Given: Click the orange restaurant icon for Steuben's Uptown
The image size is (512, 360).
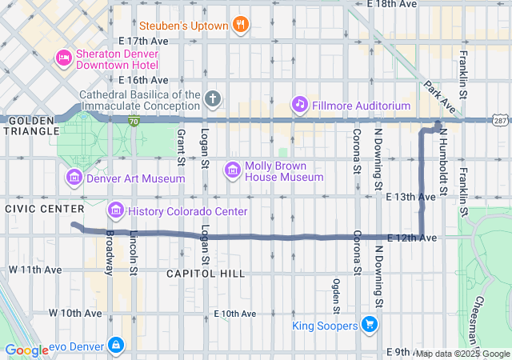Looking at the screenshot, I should point(239,23).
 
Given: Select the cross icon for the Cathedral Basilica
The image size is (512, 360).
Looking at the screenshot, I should point(212,100).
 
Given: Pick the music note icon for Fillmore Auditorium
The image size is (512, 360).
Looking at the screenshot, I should point(300,104).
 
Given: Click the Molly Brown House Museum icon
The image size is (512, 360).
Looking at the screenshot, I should point(233,170).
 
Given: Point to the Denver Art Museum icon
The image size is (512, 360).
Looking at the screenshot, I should point(74,178).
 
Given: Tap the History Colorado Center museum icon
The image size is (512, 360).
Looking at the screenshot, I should point(116,210).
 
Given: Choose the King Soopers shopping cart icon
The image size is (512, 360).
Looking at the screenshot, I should point(369,325).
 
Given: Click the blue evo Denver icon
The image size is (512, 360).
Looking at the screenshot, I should point(117,344).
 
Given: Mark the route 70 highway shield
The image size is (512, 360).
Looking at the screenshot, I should point(134,121).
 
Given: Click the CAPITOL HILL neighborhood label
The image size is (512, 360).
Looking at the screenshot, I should point(206,274).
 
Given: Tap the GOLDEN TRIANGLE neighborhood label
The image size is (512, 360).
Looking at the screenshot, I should point(29,126).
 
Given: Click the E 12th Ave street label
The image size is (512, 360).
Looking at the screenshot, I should point(412,238).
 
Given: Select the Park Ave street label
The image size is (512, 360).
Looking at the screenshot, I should point(439,97).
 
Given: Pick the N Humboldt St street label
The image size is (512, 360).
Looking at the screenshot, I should point(445,165).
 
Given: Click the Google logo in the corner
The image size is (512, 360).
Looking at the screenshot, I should point(27,350).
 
